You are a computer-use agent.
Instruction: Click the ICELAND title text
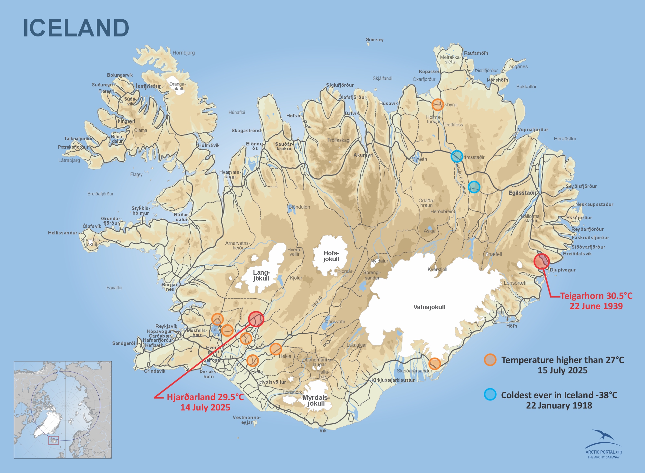(x=76, y=28)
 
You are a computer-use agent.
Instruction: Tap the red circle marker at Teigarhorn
(x=541, y=261)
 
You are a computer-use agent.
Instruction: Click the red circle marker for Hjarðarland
(x=256, y=319)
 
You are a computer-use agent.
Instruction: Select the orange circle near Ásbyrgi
(x=438, y=104)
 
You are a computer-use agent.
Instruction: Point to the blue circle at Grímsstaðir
(x=457, y=156)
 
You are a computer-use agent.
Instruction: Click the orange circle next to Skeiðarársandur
(x=434, y=363)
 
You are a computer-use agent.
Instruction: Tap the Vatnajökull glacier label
(x=429, y=307)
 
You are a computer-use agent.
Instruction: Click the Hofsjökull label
(x=331, y=256)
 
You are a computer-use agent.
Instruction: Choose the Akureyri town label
(x=363, y=155)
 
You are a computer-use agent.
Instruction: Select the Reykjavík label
(x=166, y=326)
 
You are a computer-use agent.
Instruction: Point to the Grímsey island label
(x=374, y=40)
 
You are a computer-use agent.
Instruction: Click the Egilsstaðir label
(x=522, y=193)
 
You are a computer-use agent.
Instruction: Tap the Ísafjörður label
(x=148, y=86)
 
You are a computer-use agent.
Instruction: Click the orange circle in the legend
(x=490, y=360)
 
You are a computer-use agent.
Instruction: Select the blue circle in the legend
(x=490, y=395)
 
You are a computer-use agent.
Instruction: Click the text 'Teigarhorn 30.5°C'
(x=596, y=296)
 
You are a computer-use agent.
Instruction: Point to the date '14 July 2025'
(x=205, y=407)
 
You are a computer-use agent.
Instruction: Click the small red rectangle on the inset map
(x=54, y=440)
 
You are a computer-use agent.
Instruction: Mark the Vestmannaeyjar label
(x=247, y=420)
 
